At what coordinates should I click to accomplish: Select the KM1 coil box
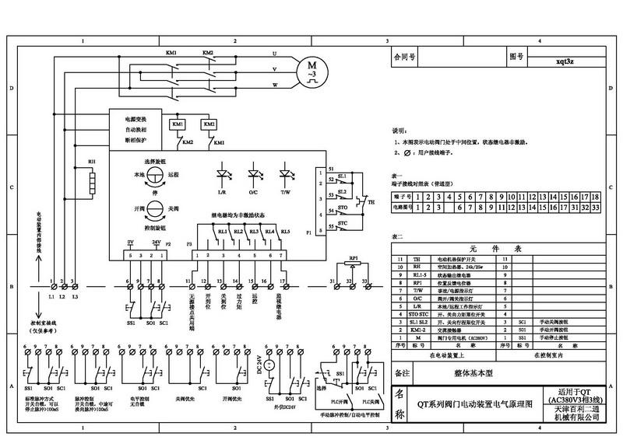[x=178, y=124]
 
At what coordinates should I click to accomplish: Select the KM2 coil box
[x=209, y=124]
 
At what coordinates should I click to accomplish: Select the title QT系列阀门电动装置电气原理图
[x=474, y=403]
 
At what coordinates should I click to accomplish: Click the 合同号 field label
[x=406, y=58]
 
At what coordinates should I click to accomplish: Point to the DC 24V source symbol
[x=268, y=365]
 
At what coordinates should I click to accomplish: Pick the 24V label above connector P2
[x=156, y=242]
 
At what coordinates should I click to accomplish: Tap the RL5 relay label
[x=285, y=232]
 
